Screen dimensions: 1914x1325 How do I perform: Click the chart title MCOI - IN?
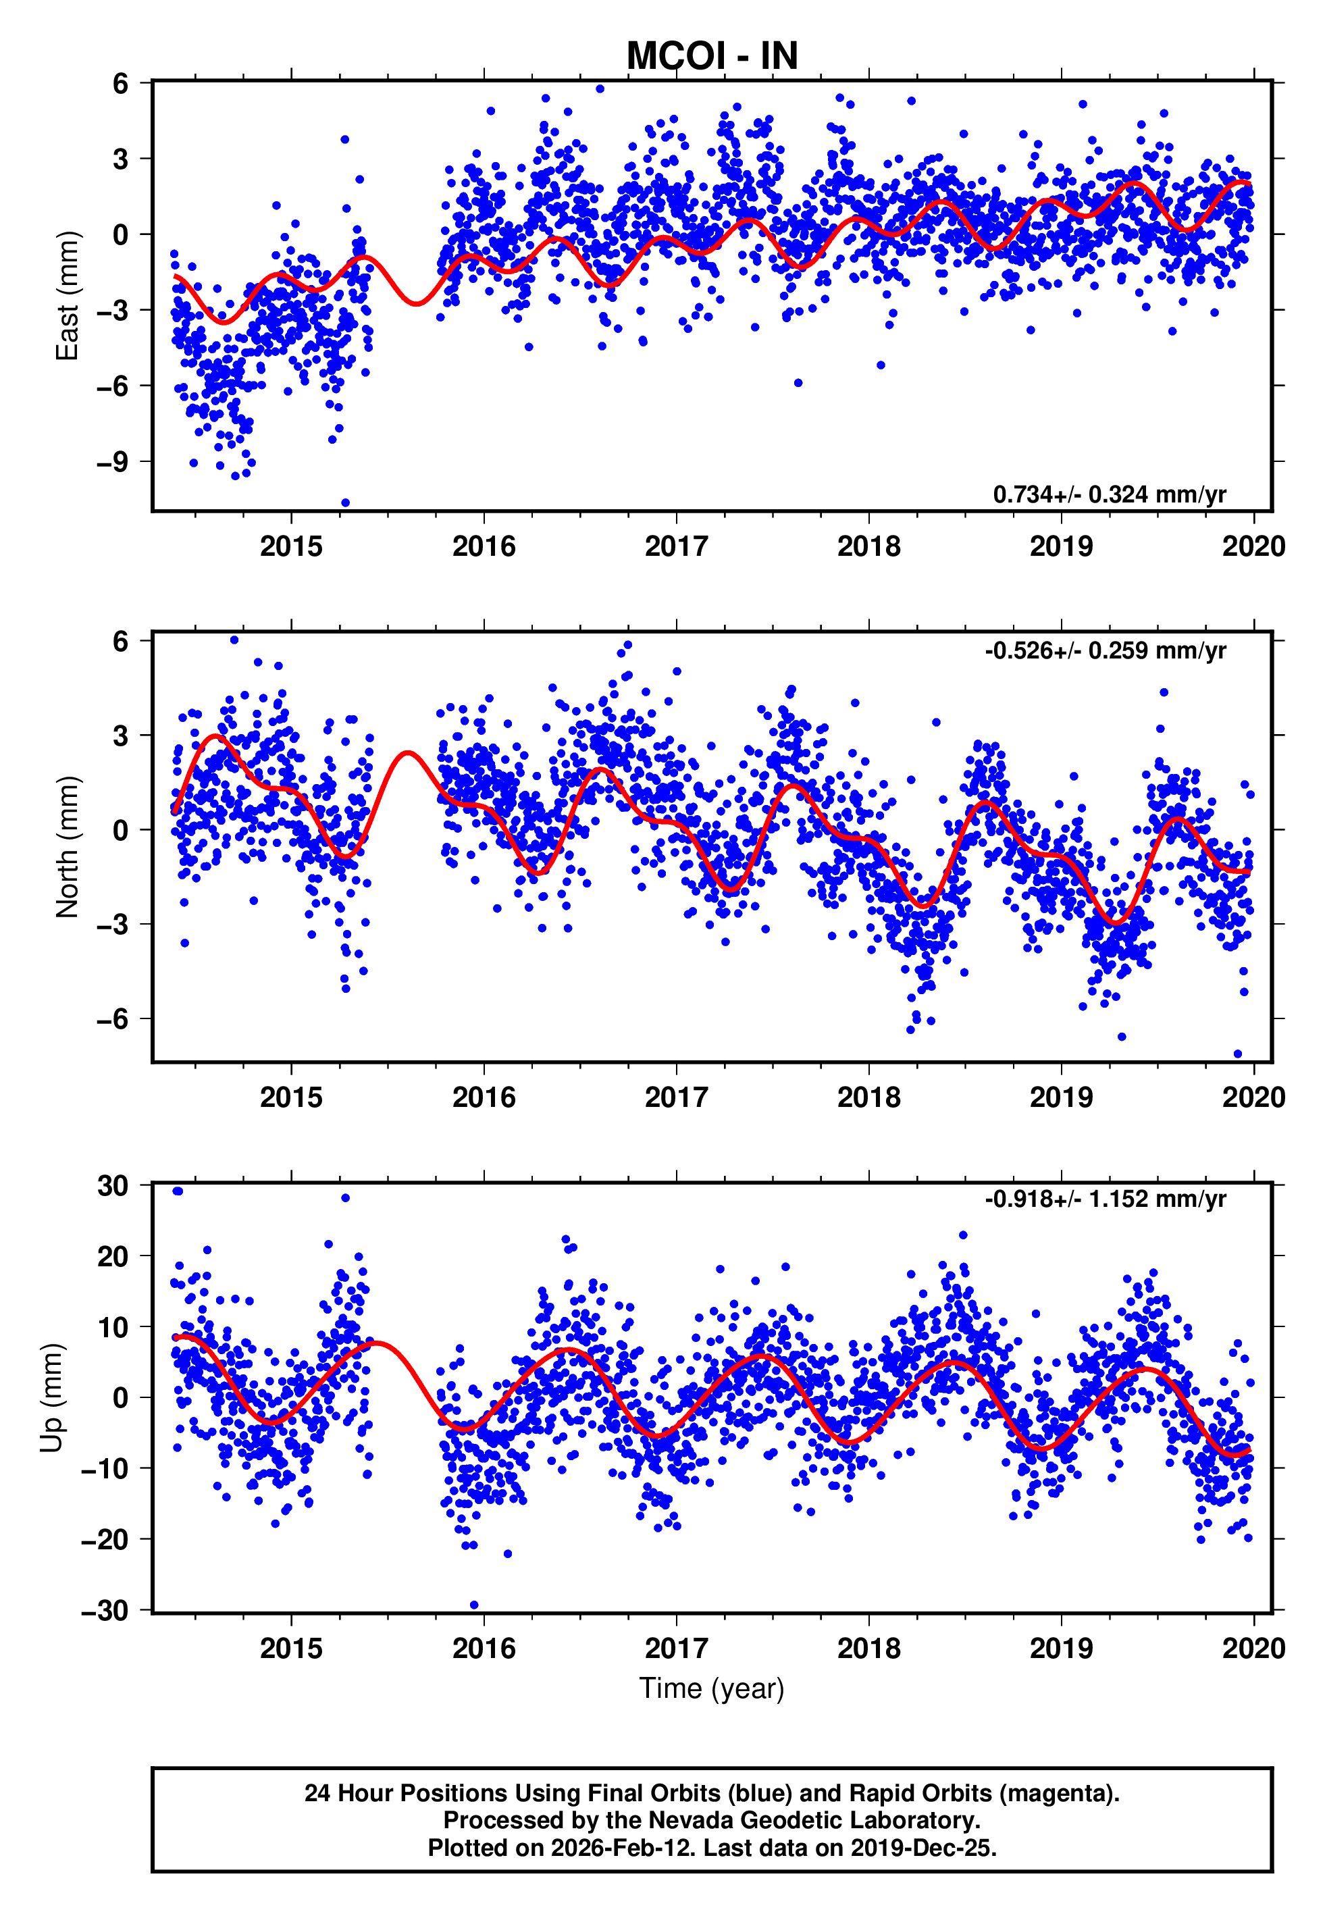pos(712,57)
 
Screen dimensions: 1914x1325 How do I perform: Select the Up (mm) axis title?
pos(51,1398)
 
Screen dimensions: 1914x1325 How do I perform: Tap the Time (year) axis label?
pos(712,1688)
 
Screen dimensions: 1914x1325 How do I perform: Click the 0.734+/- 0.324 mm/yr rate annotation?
pos(1109,494)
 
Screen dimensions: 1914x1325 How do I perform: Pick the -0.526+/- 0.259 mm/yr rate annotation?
pos(1105,651)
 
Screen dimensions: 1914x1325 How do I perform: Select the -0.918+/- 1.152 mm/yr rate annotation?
pos(1105,1199)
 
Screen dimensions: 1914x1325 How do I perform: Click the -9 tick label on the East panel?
pos(113,461)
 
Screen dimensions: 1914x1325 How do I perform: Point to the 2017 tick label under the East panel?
pos(677,546)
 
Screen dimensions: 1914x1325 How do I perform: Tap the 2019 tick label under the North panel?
pos(1061,1097)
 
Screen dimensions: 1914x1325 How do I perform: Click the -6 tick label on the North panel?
pos(113,1018)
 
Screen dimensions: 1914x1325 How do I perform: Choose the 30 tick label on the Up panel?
pos(113,1186)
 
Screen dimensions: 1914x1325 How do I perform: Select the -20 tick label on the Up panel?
pos(105,1540)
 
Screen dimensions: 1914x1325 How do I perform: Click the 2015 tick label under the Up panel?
pos(291,1649)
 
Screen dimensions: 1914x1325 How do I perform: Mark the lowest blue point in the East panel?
pos(345,503)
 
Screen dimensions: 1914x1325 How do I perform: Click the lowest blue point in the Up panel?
pos(474,1605)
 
